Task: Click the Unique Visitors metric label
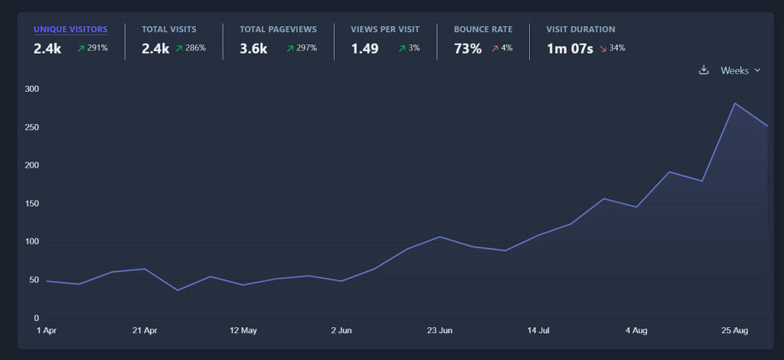(70, 29)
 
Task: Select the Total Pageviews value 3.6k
(253, 49)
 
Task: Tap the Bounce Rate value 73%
(468, 49)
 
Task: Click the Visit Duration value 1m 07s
(570, 49)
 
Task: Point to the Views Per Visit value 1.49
(364, 49)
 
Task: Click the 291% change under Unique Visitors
(93, 48)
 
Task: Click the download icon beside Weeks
(704, 70)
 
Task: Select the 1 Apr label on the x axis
(47, 331)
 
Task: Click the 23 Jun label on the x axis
(439, 331)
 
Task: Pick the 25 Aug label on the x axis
(734, 331)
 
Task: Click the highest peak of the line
(735, 103)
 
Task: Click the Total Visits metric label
(168, 29)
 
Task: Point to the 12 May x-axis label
(243, 331)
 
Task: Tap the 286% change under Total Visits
(191, 48)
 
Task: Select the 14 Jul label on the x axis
(538, 331)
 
